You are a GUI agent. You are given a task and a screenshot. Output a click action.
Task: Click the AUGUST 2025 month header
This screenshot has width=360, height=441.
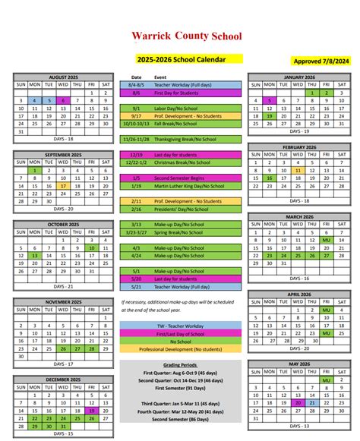63,77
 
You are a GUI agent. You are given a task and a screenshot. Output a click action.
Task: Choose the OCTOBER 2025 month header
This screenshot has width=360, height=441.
63,225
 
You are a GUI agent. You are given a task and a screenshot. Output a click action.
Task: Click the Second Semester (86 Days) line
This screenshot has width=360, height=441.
181,419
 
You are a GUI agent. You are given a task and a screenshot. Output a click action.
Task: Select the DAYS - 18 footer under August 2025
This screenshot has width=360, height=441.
63,139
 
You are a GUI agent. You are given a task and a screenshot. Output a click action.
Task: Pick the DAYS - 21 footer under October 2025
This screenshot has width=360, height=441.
63,286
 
